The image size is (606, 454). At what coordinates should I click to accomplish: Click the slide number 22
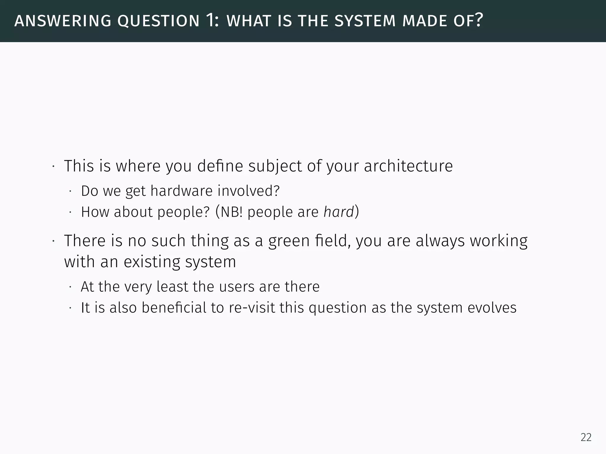tap(586, 437)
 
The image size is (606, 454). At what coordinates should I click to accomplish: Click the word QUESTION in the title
tap(158, 21)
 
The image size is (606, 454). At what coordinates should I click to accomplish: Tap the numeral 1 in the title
tap(210, 20)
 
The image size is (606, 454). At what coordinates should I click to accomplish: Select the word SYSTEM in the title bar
tap(365, 21)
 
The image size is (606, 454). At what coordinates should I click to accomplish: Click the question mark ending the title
tap(479, 20)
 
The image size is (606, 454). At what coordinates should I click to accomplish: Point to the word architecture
tap(408, 166)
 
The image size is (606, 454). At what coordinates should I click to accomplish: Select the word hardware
tap(181, 191)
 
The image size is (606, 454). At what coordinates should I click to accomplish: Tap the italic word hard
tap(339, 212)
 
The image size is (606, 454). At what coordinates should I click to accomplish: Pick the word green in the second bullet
tap(289, 241)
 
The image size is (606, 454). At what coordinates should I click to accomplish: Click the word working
tap(499, 241)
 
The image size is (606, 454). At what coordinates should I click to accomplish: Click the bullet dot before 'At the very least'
tap(70, 287)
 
